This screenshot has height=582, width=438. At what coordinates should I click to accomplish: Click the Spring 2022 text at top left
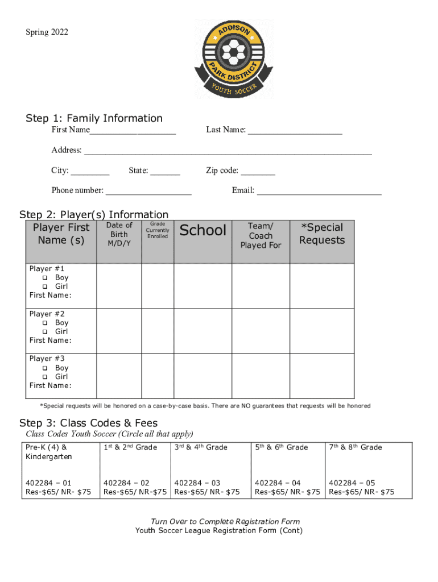click(47, 32)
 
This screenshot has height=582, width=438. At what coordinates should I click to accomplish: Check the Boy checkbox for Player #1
click(45, 278)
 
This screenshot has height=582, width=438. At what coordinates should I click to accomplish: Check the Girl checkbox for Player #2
click(45, 332)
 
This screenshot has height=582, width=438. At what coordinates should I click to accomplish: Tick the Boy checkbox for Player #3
click(45, 368)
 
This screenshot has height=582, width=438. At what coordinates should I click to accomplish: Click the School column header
click(203, 230)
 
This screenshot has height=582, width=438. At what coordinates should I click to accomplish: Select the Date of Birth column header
click(119, 234)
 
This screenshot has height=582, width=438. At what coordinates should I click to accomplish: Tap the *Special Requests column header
click(322, 234)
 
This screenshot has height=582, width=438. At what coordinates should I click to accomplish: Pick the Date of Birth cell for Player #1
click(119, 285)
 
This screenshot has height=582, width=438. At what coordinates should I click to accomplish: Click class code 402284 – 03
click(197, 483)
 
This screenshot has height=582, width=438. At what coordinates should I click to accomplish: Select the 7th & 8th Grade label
click(355, 448)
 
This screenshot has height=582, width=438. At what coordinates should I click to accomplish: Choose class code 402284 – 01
click(48, 483)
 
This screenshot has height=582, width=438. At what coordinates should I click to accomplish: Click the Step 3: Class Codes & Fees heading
click(88, 423)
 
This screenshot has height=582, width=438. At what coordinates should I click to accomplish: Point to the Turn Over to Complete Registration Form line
click(225, 521)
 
